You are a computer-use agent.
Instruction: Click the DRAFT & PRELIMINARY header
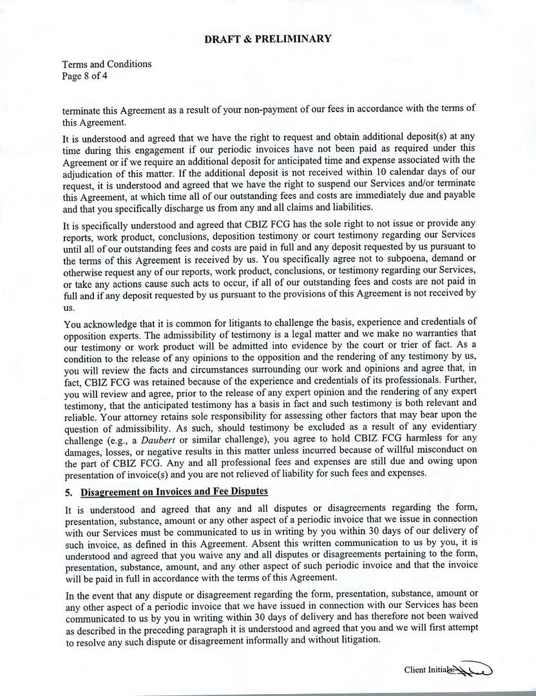(267, 39)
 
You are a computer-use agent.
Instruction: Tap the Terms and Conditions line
(107, 64)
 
